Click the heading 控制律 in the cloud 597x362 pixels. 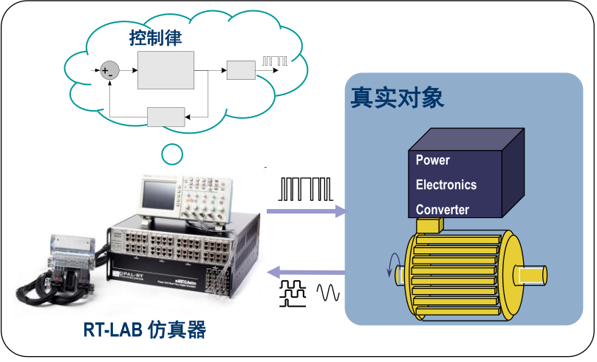(x=155, y=38)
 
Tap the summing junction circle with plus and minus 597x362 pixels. (x=110, y=70)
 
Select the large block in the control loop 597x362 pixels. (x=166, y=70)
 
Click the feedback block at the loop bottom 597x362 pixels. (x=166, y=116)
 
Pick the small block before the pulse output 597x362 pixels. (x=239, y=69)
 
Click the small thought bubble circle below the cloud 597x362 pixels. (x=172, y=154)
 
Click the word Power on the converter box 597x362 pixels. (x=433, y=160)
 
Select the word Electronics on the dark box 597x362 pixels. (x=446, y=185)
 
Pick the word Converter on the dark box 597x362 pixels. (x=443, y=210)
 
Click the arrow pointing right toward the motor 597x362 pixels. (x=306, y=211)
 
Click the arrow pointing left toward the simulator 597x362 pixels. (x=306, y=270)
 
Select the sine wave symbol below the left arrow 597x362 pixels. (x=328, y=293)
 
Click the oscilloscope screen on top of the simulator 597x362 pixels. (x=157, y=195)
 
